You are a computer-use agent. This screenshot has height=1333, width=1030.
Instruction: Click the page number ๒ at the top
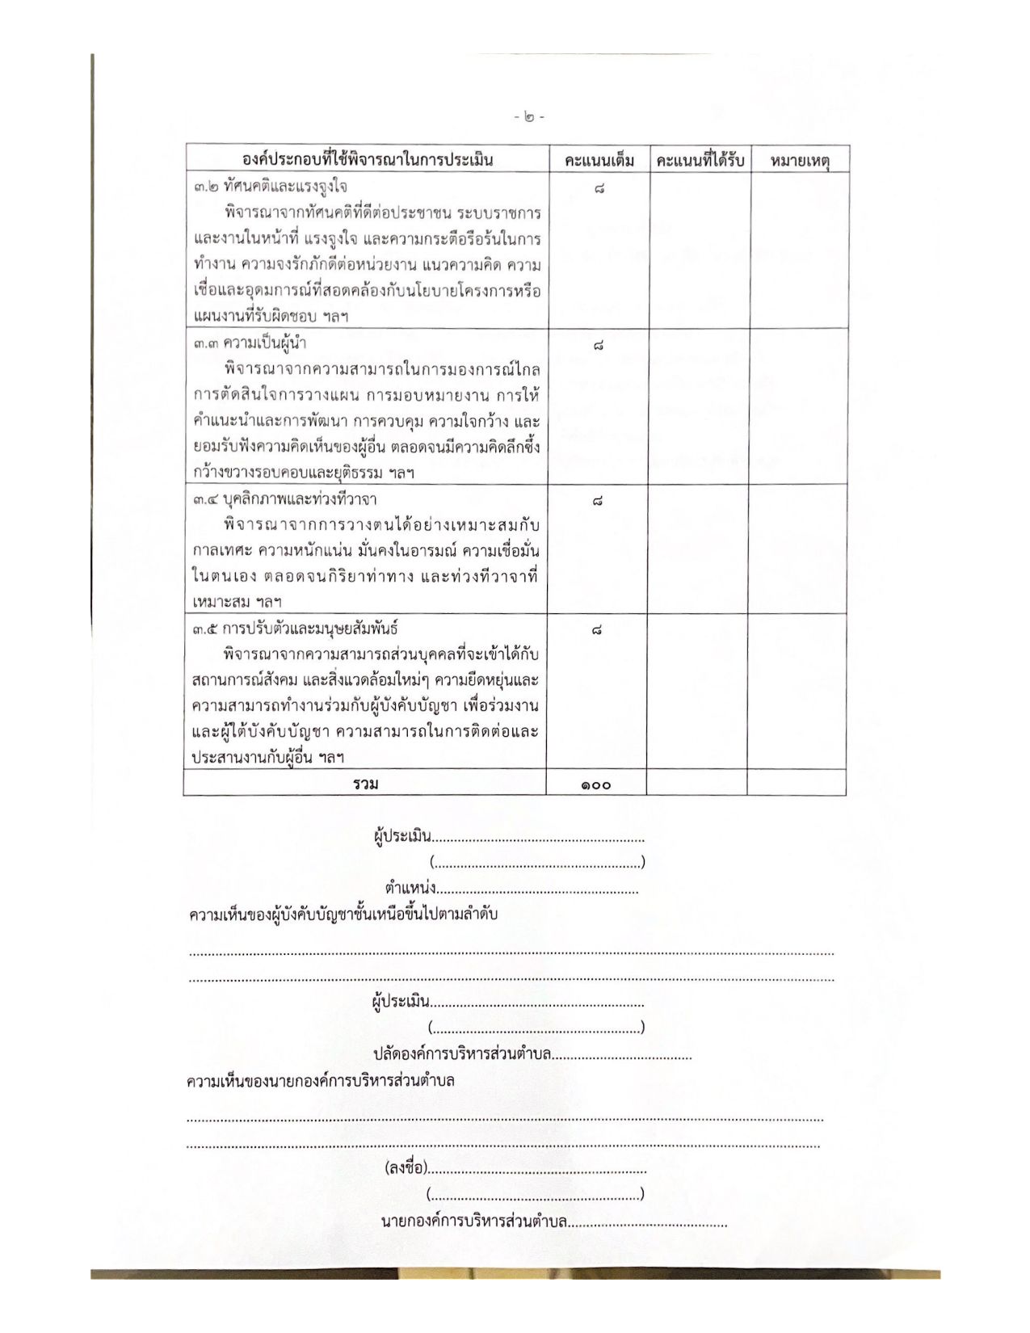tap(529, 117)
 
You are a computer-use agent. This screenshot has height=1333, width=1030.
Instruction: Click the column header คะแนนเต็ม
tap(599, 159)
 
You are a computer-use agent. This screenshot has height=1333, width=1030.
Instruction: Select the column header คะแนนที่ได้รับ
tap(700, 159)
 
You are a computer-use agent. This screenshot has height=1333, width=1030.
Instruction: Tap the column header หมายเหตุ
tap(800, 159)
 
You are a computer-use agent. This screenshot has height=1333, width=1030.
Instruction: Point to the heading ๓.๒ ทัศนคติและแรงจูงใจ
tap(271, 187)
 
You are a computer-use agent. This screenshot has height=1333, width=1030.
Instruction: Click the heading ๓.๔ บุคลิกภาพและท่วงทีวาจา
tap(284, 498)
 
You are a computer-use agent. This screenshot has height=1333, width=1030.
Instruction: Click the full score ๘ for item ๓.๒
tap(599, 189)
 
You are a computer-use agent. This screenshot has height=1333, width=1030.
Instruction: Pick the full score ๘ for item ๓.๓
tap(598, 346)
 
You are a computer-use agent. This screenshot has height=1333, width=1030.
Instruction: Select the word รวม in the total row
tap(365, 783)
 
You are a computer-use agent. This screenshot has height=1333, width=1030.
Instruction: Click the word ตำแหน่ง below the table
tap(410, 889)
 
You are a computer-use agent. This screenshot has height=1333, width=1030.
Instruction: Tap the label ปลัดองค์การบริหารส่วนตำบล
tap(462, 1054)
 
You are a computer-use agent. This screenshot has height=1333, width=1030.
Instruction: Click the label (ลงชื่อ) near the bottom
tap(406, 1167)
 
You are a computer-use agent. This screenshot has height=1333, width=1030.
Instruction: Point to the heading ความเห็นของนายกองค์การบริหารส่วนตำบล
tap(320, 1080)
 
